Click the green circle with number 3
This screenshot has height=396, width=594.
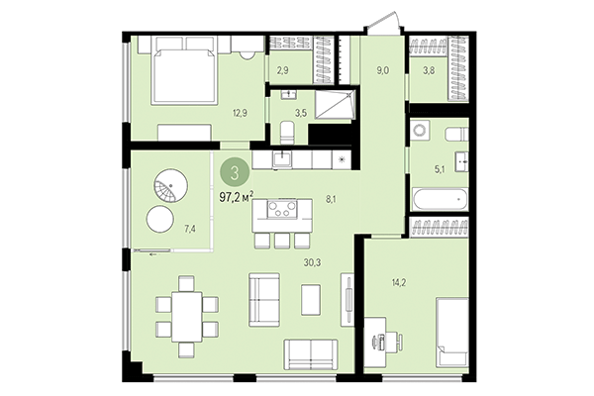tap(234, 172)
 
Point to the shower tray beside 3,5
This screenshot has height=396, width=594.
tap(329, 104)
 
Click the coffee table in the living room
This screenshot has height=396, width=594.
tap(311, 298)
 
